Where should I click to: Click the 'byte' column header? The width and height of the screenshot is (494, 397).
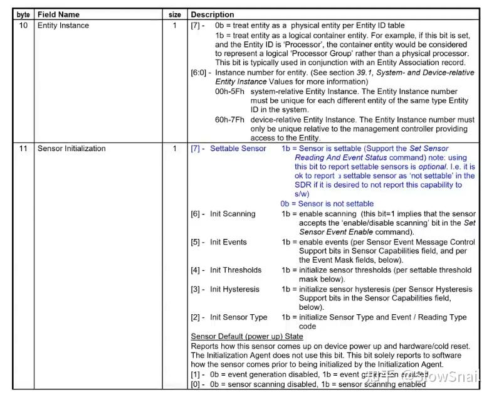tap(23, 14)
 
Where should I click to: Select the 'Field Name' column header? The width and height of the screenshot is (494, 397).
tap(58, 14)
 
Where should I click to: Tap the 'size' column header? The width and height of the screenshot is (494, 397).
tap(175, 14)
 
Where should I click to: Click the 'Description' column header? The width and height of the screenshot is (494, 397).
tap(213, 14)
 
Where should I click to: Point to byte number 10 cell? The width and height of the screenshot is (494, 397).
tap(23, 26)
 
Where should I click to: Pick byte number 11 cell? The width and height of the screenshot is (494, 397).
tap(23, 149)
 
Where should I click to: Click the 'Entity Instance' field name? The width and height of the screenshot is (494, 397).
tap(63, 26)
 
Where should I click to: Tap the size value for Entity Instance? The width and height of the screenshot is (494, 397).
tap(175, 26)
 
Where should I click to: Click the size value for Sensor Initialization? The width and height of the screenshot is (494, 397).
tap(175, 149)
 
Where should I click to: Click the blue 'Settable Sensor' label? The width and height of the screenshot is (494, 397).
tap(238, 149)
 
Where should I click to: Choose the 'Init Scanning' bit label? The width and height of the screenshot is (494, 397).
tap(233, 214)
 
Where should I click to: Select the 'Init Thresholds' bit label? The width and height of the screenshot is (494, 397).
tap(236, 270)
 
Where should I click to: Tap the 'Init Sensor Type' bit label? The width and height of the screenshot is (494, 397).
tap(238, 317)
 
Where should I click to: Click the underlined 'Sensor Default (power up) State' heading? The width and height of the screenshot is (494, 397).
tap(246, 337)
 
